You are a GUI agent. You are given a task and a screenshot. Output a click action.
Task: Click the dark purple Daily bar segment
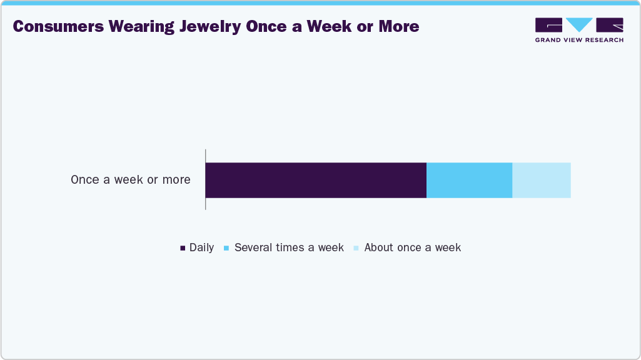[x=316, y=180]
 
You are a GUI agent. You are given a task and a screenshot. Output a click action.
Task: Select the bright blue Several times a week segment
[x=469, y=180]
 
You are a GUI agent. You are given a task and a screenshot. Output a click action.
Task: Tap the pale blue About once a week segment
[x=542, y=180]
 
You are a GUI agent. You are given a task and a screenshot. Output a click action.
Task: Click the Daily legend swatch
[x=183, y=248]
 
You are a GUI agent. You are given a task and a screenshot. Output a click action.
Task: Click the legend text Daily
[x=202, y=247]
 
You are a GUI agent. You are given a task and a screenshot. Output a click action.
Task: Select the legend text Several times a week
[x=289, y=247]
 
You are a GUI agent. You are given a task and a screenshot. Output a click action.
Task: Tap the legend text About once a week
[x=413, y=247]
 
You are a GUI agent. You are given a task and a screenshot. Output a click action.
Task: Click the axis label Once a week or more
[x=130, y=180]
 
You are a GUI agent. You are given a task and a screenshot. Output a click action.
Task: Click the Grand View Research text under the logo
[x=579, y=40]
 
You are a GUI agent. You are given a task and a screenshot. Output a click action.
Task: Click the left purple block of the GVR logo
[x=549, y=25]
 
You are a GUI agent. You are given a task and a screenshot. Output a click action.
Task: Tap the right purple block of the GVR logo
[x=610, y=25]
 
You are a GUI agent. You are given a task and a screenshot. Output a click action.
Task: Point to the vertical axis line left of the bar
[x=205, y=180]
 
